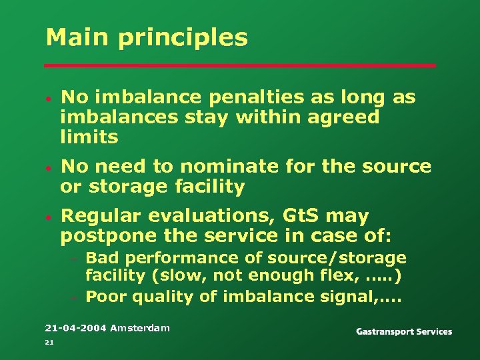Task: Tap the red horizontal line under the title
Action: (x=240, y=65)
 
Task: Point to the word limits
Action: (x=89, y=137)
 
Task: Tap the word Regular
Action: (x=102, y=217)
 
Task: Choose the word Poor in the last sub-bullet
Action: (x=106, y=297)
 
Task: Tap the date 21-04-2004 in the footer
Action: (x=75, y=327)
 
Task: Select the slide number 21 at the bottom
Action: (x=49, y=342)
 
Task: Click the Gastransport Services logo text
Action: (x=404, y=331)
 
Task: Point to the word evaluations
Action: (x=213, y=217)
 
